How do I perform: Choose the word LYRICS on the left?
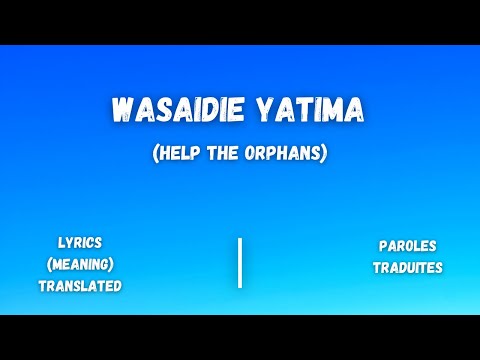pos(80,243)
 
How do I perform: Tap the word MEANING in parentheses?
pos(80,264)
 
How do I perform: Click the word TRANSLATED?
pos(80,286)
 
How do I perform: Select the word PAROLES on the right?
pos(407,245)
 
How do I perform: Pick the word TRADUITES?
pos(407,267)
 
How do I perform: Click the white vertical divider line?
pos(240,263)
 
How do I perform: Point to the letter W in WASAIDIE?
pos(121,111)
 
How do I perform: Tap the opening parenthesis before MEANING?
pos(50,264)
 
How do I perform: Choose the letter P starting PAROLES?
pos(383,245)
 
